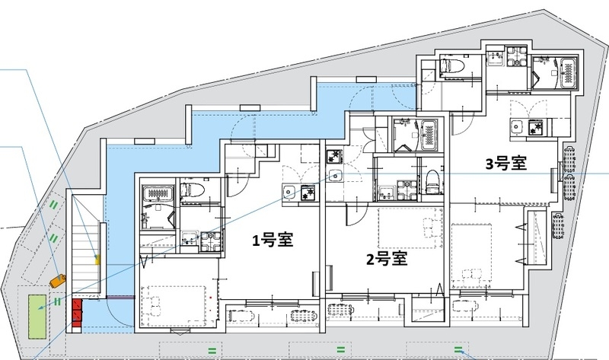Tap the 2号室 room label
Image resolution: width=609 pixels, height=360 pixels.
pos(386,258)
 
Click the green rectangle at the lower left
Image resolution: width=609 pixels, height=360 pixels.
pos(36,315)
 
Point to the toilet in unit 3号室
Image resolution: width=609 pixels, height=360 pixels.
pos(452,65)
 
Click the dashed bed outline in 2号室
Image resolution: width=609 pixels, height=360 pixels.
pos(409,225)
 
